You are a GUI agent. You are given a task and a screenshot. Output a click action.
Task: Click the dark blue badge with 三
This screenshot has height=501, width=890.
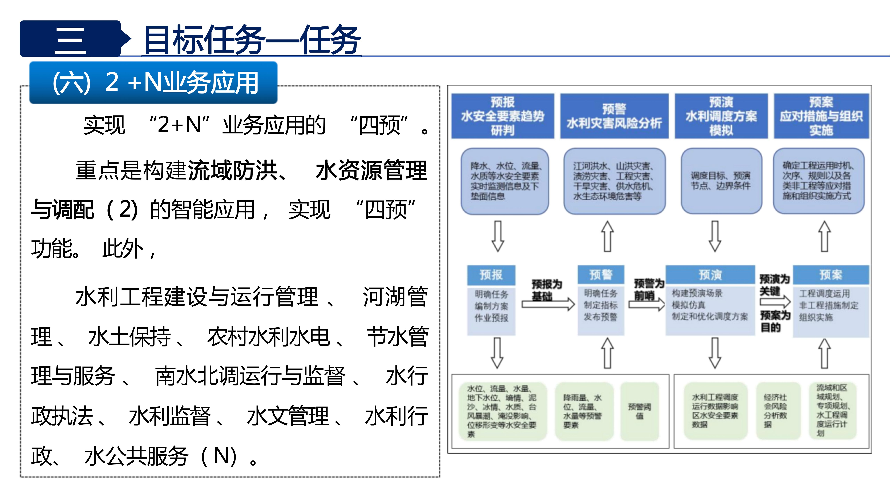pos(70,39)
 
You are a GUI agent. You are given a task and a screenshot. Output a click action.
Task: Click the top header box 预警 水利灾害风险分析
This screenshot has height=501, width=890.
pos(614,116)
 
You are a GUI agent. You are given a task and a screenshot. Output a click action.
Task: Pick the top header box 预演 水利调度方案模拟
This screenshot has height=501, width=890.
pos(721,116)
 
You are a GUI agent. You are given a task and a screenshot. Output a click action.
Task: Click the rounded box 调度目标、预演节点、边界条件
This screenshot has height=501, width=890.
pos(721,181)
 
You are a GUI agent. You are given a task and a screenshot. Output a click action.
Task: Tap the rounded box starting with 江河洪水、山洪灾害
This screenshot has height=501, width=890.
pos(614,181)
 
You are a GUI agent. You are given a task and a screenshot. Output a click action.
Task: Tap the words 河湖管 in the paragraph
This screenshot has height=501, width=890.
pos(395,297)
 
